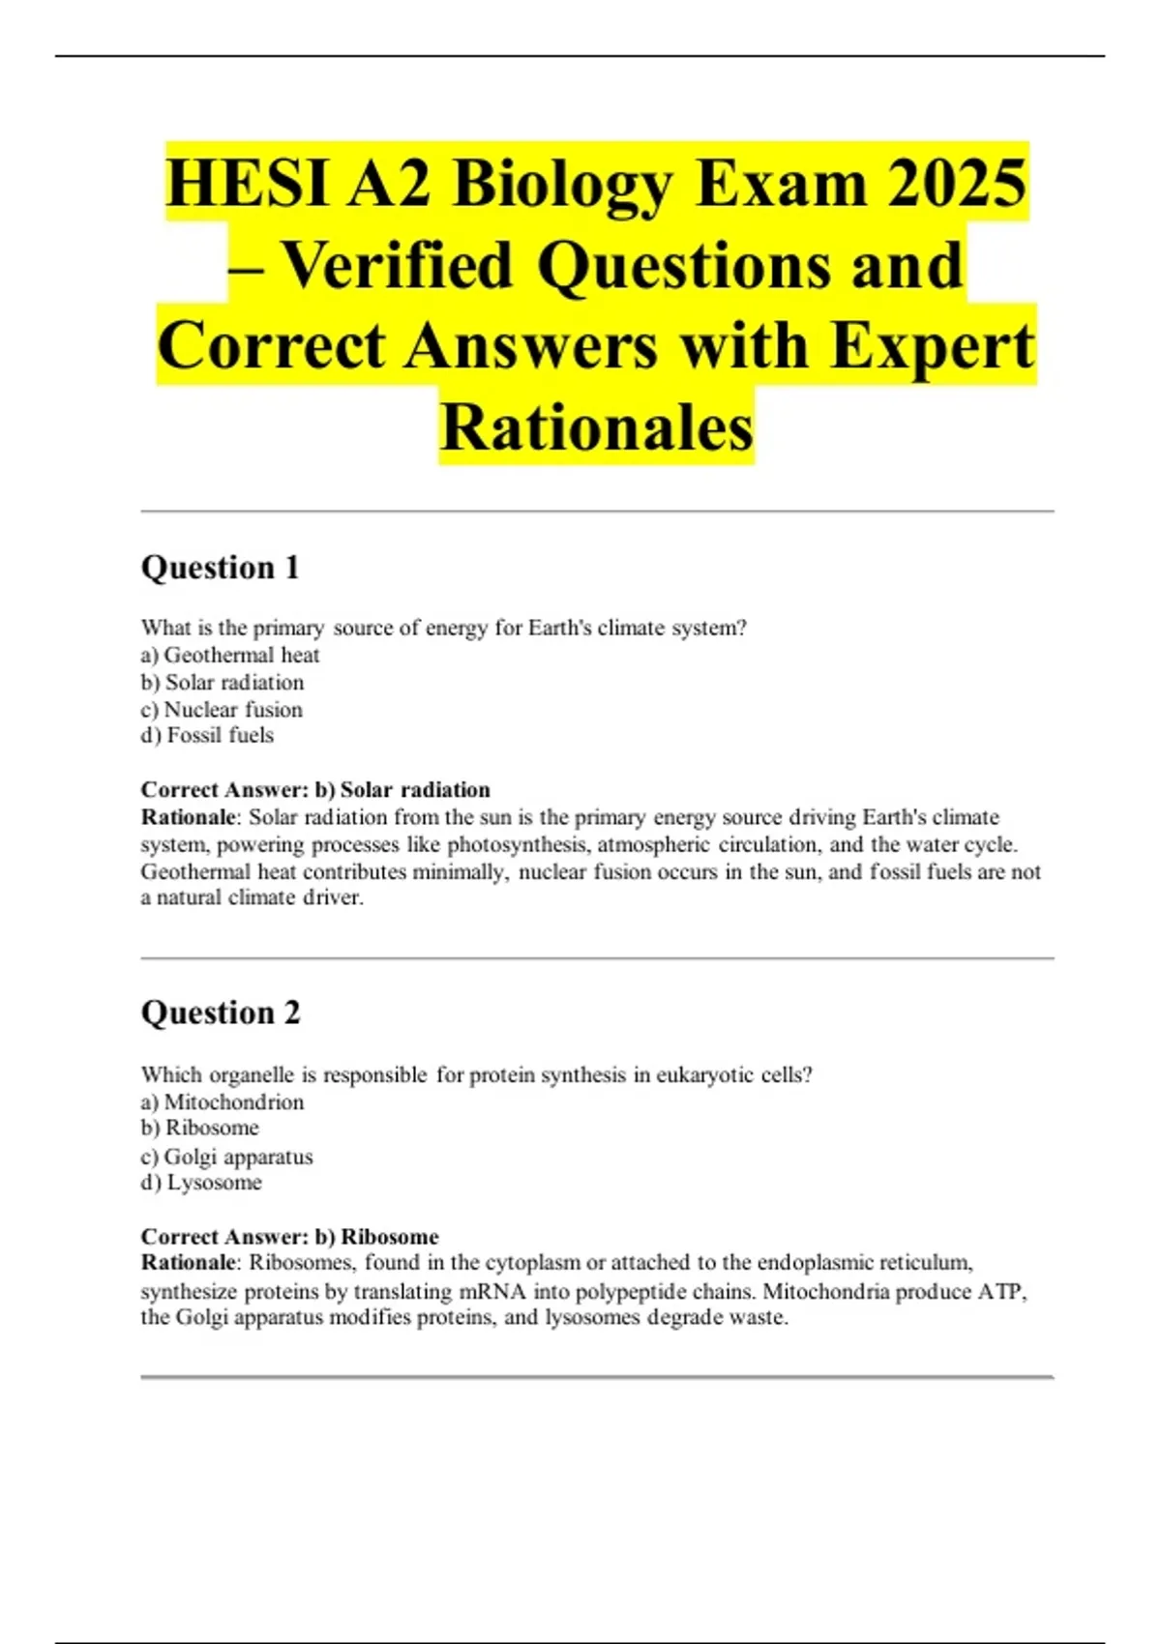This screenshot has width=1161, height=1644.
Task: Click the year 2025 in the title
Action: pyautogui.click(x=957, y=183)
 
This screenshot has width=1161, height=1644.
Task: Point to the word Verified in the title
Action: pyautogui.click(x=397, y=265)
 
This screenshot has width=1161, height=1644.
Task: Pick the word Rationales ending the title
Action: pyautogui.click(x=596, y=427)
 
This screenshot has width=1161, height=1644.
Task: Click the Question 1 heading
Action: pyautogui.click(x=221, y=568)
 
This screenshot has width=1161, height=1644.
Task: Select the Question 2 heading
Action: pyautogui.click(x=221, y=1013)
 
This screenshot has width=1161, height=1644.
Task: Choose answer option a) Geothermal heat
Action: pyautogui.click(x=230, y=655)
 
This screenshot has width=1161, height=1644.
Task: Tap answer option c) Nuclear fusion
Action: pyautogui.click(x=222, y=709)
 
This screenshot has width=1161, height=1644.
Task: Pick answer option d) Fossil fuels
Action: pyautogui.click(x=207, y=735)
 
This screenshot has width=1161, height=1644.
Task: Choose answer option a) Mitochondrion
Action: pyautogui.click(x=223, y=1101)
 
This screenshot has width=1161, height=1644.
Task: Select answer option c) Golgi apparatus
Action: pyautogui.click(x=227, y=1156)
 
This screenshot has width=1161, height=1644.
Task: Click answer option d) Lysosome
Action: pyautogui.click(x=201, y=1182)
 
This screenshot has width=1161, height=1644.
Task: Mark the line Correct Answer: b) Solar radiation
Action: pyautogui.click(x=315, y=789)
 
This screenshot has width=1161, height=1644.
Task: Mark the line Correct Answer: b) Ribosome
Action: pyautogui.click(x=289, y=1236)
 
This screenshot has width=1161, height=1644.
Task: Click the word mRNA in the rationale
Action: pyautogui.click(x=491, y=1291)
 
